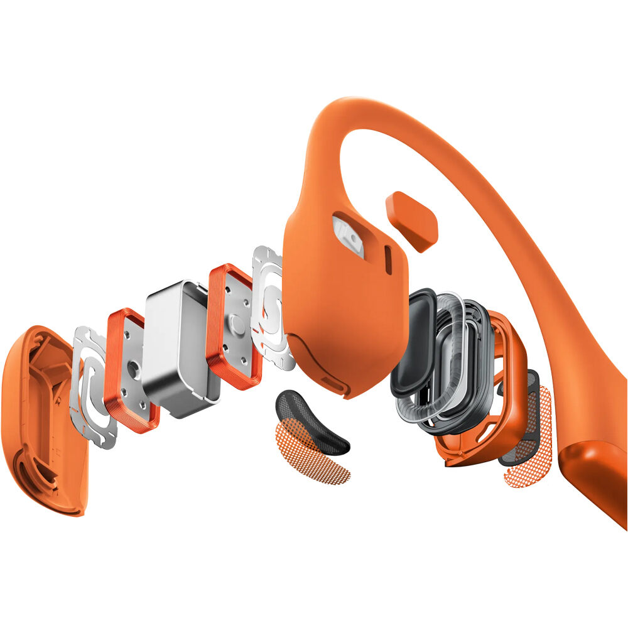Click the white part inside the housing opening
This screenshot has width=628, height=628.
[349, 235]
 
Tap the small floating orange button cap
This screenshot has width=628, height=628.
[412, 220]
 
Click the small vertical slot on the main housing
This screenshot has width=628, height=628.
[387, 261]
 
